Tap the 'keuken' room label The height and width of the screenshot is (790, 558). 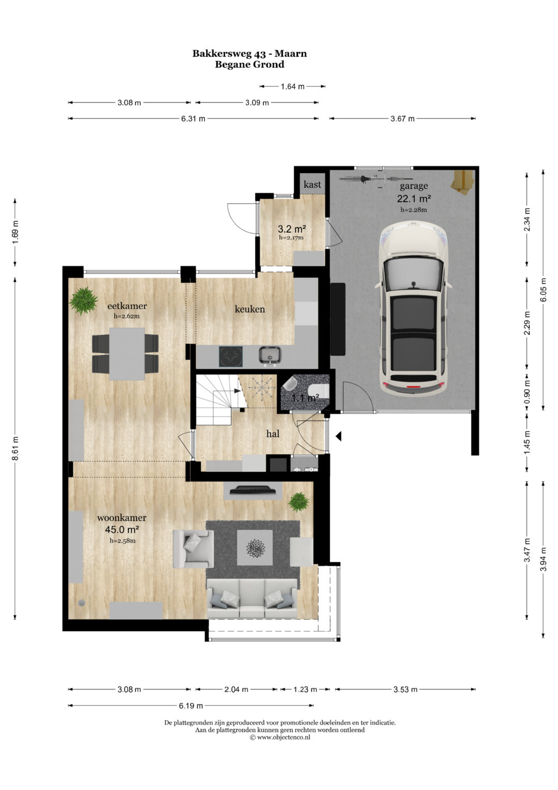pyautogui.click(x=250, y=309)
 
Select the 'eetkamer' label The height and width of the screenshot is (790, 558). pyautogui.click(x=127, y=306)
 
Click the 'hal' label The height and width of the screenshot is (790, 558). pyautogui.click(x=273, y=434)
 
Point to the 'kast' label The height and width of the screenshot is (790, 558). pyautogui.click(x=312, y=184)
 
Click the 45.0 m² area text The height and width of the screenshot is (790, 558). pyautogui.click(x=121, y=529)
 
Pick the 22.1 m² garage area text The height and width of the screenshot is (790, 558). pyautogui.click(x=414, y=199)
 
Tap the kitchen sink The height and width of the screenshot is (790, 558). pyautogui.click(x=270, y=355)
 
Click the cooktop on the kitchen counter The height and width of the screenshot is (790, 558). pyautogui.click(x=231, y=356)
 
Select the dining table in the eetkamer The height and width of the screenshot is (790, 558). pyautogui.click(x=127, y=354)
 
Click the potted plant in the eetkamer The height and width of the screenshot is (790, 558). pyautogui.click(x=84, y=300)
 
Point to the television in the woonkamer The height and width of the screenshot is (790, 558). pyautogui.click(x=253, y=490)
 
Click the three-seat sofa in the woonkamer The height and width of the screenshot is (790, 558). pyautogui.click(x=252, y=599)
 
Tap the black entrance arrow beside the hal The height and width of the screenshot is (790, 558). pyautogui.click(x=338, y=436)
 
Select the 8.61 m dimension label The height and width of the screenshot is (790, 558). pyautogui.click(x=15, y=448)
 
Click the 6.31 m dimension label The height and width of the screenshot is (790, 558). pyautogui.click(x=193, y=118)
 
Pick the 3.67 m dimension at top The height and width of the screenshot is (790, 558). pyautogui.click(x=402, y=118)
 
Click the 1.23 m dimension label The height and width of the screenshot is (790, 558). pyautogui.click(x=305, y=689)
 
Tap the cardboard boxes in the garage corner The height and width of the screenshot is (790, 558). pyautogui.click(x=462, y=181)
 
